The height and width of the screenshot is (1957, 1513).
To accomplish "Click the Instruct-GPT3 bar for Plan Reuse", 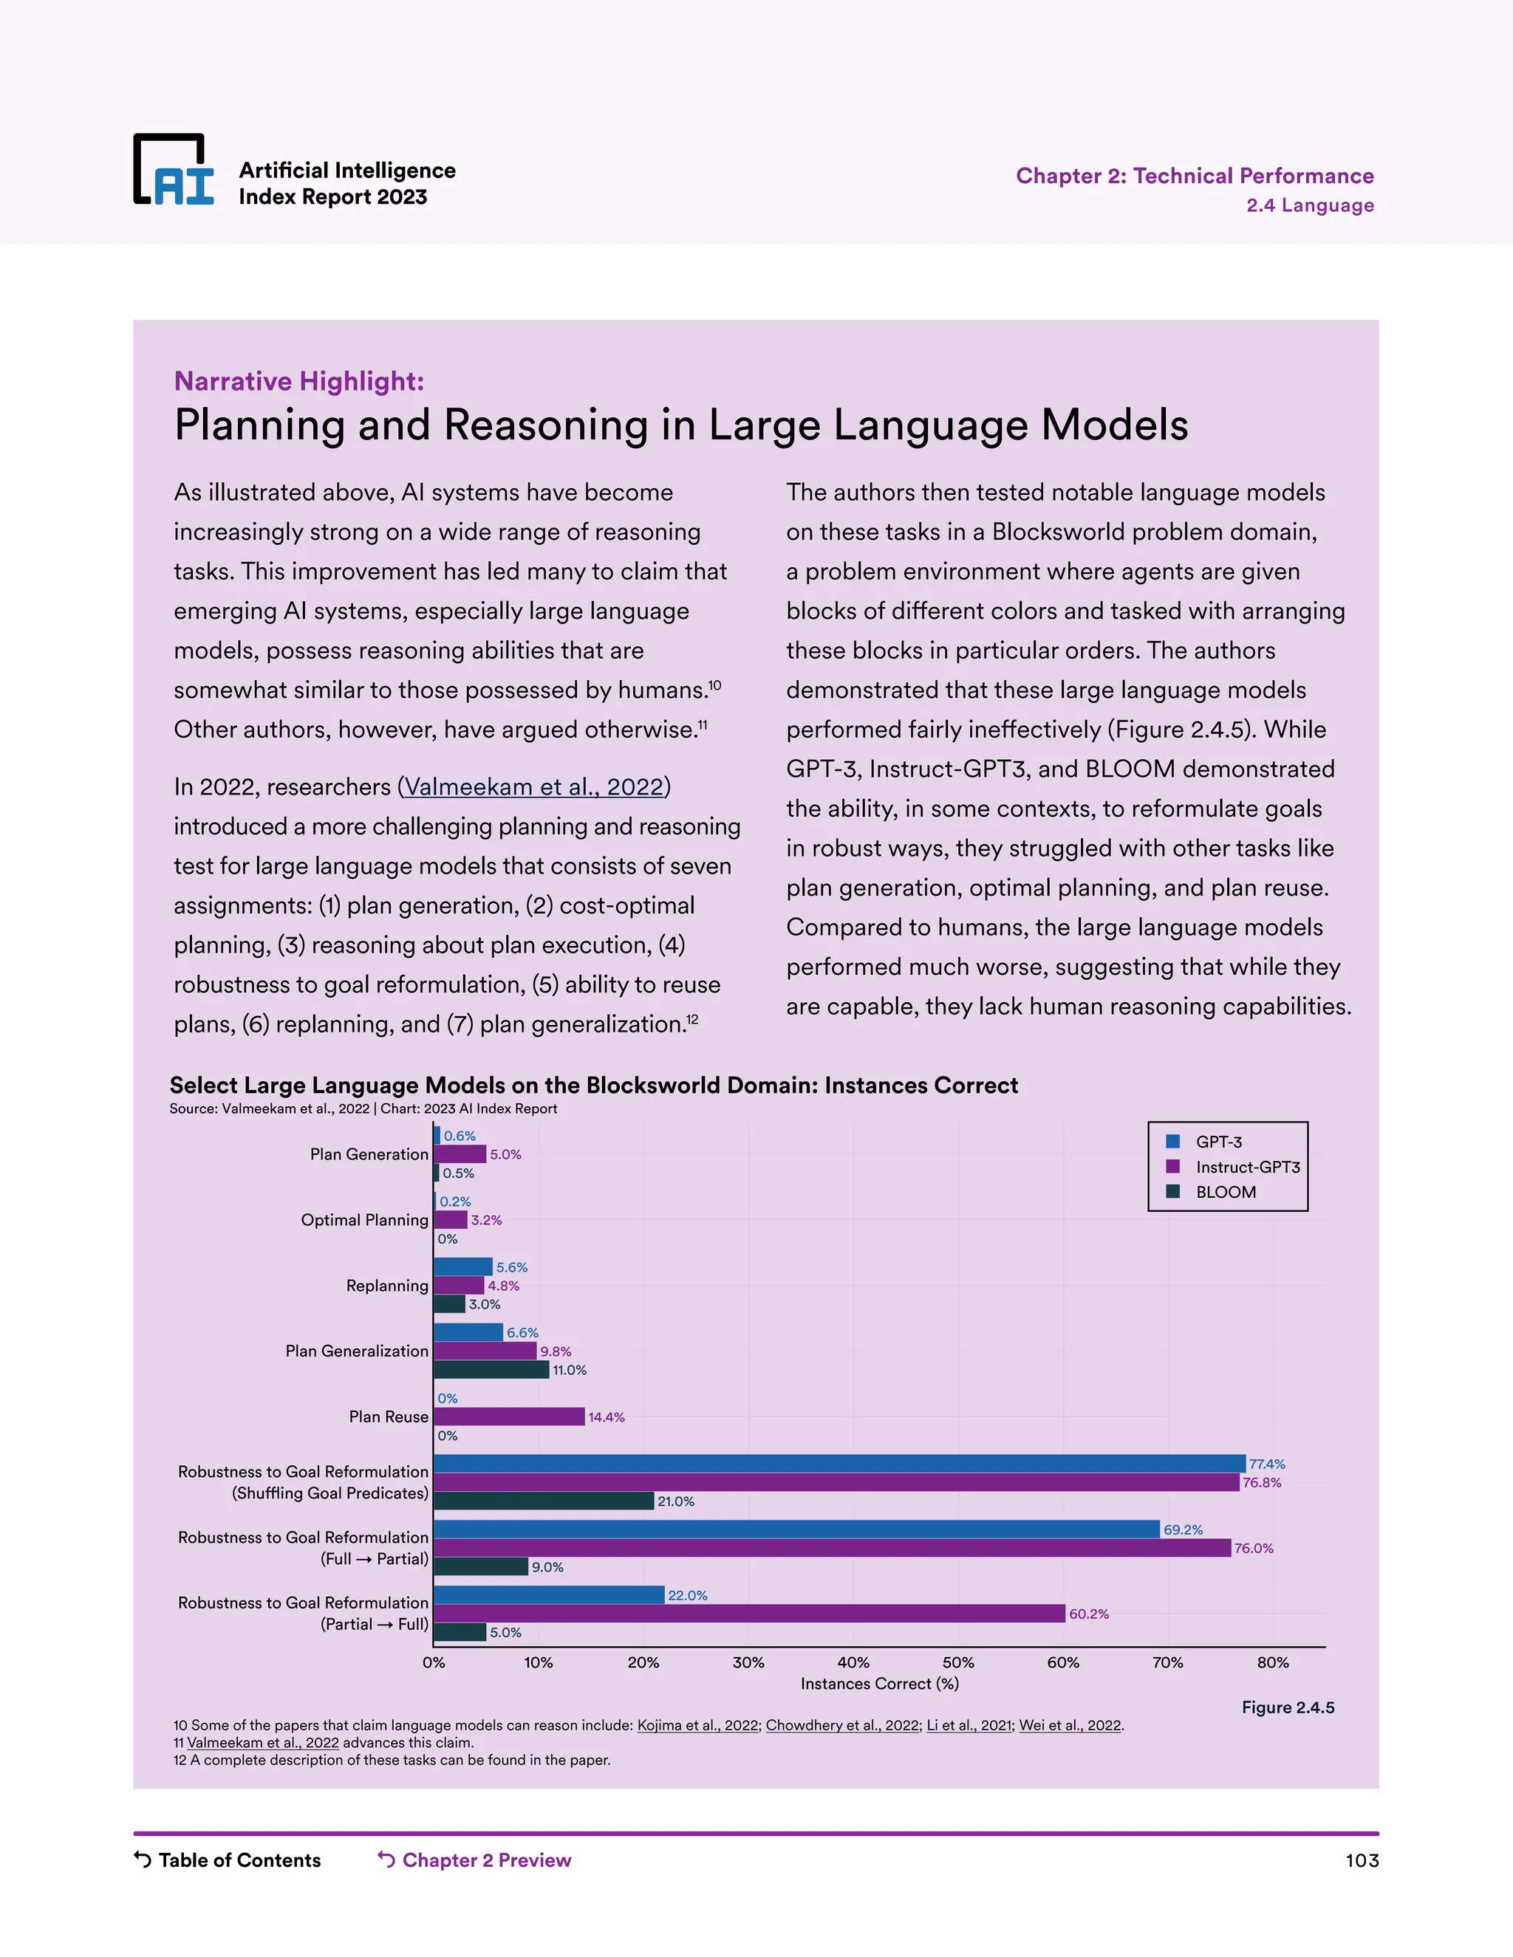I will point(508,1416).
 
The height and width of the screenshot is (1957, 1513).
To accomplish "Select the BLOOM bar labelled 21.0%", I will point(543,1501).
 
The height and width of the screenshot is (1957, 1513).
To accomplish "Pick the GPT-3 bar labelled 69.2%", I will point(796,1529).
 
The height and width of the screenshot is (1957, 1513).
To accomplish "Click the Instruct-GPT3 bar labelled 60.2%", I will point(749,1614).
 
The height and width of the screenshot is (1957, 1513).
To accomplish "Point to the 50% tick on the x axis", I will point(958,1663).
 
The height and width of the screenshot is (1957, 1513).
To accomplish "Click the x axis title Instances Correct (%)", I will point(879,1684).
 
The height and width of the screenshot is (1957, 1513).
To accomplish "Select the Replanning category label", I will point(387,1286).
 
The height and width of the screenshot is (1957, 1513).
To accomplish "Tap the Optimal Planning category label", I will point(365,1219).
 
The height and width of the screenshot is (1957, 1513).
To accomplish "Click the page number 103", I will point(1362,1861).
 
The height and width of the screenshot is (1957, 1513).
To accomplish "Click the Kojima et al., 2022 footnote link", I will point(697,1726).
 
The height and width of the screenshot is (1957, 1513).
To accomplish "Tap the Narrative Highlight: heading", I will point(298,382).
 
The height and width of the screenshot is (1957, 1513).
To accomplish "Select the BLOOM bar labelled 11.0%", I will point(491,1370).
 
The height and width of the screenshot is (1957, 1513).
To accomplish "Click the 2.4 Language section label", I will point(1310,205).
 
